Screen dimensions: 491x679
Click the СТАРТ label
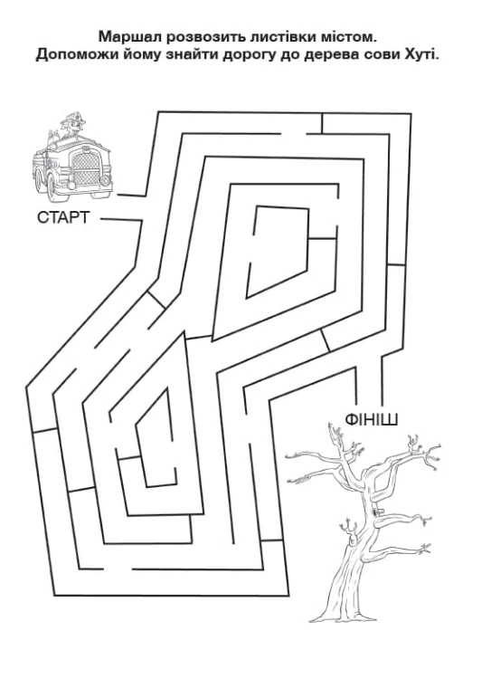[63, 217]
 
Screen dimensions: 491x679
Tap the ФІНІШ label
[372, 419]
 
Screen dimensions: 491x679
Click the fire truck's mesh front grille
[86, 167]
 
